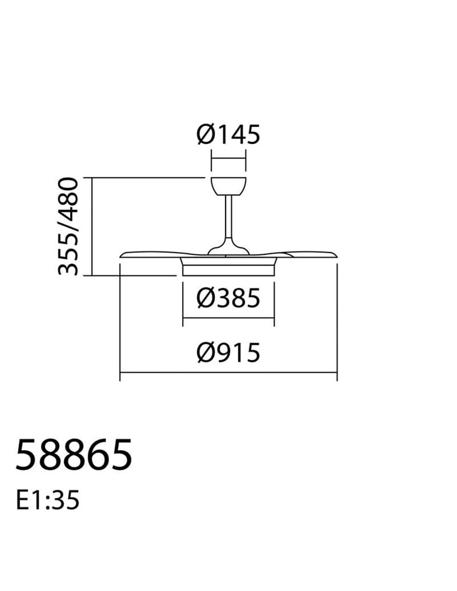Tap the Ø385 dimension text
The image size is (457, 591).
[228, 298]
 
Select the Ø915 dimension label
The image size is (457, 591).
[228, 353]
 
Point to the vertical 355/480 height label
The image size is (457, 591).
[68, 226]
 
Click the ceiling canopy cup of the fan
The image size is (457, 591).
[228, 186]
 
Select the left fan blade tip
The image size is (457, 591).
[121, 256]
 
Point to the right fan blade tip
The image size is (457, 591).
[336, 255]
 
